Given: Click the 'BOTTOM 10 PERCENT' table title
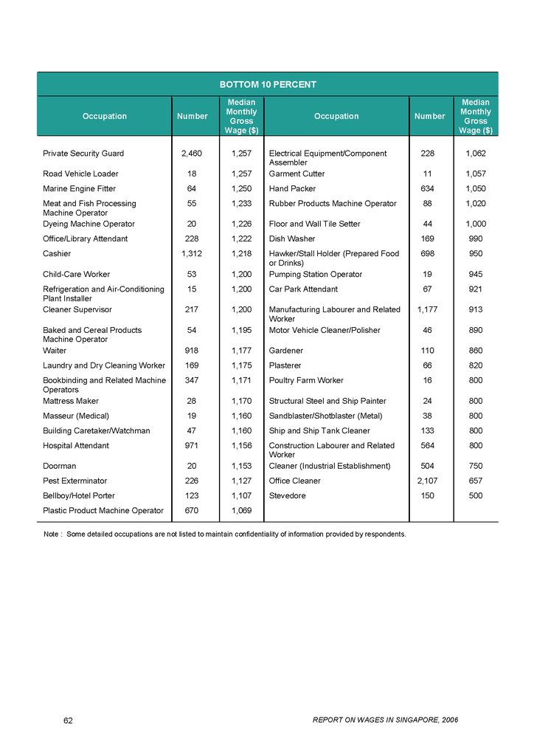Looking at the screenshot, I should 267,84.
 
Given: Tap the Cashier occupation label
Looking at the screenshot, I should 57,253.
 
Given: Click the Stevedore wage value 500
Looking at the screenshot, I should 475,495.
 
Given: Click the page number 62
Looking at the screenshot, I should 69,720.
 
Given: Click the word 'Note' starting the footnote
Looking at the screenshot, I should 52,534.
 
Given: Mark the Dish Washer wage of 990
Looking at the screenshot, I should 475,238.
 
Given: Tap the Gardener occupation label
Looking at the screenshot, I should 286,351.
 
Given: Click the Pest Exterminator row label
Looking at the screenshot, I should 75,481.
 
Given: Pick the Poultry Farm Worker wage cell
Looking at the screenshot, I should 475,380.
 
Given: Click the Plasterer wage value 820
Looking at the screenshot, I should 475,365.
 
